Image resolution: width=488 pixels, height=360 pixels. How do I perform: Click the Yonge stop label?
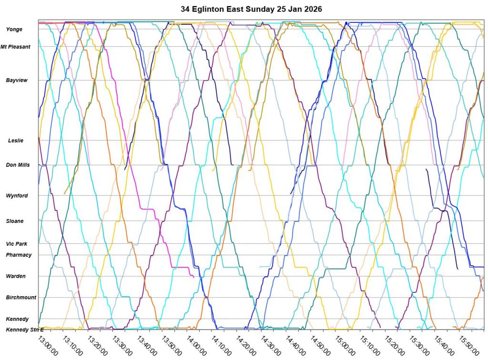pos(14,30)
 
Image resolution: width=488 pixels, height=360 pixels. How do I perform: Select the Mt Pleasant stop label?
pos(15,47)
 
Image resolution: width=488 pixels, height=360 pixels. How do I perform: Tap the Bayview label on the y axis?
pos(17,80)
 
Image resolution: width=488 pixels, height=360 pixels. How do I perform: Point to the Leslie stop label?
pos(16,140)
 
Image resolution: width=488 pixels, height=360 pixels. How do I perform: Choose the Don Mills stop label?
pos(18,165)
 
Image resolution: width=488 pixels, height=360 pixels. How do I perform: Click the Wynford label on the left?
pos(17,196)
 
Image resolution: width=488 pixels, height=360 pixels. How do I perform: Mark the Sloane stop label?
pos(15,221)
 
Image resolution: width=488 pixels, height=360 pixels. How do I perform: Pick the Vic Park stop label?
pos(16,244)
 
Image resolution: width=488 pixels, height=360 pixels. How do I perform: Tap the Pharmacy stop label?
pos(19,255)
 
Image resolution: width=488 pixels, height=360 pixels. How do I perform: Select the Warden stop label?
pos(16,276)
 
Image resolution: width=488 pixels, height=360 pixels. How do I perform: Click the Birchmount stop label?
pos(21,298)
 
